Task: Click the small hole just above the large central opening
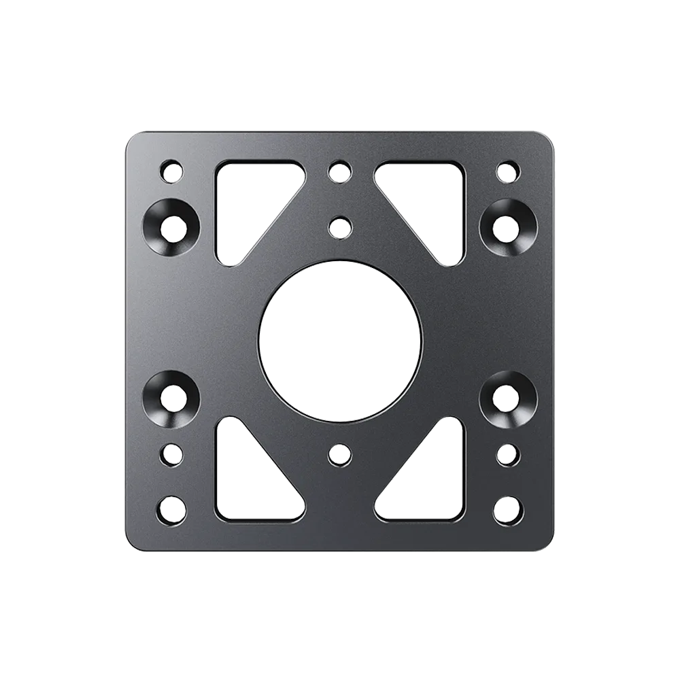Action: click(339, 225)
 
